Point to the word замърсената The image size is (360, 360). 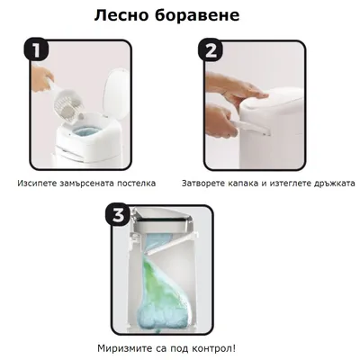point(94,183)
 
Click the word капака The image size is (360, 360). point(255,183)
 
